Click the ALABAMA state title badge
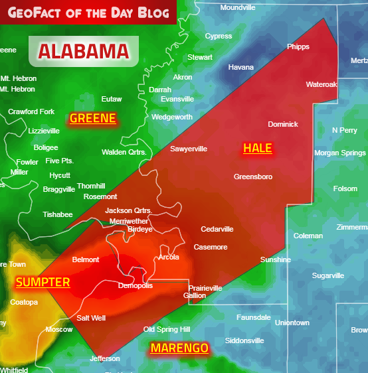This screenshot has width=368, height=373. click(x=84, y=51)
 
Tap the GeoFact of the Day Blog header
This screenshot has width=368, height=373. click(x=88, y=11)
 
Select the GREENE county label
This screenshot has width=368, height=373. click(x=93, y=119)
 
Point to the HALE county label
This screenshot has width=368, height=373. click(x=258, y=148)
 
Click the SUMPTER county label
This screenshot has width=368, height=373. click(x=43, y=282)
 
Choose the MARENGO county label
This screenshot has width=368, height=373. click(x=179, y=348)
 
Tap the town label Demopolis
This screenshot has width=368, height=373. click(x=136, y=285)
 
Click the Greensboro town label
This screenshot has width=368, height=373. click(x=253, y=177)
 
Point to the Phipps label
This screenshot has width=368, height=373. click(x=298, y=46)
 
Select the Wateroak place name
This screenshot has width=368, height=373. click(x=322, y=84)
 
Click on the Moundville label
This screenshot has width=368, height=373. click(x=237, y=7)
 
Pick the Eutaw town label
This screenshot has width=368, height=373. click(x=112, y=99)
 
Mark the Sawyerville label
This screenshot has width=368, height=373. click(x=189, y=149)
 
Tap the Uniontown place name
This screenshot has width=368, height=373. click(x=292, y=323)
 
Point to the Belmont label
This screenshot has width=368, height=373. click(x=86, y=260)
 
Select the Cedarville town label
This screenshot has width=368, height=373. click(x=217, y=229)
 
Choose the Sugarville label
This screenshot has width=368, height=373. click(x=328, y=275)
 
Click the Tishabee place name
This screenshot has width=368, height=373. click(x=58, y=214)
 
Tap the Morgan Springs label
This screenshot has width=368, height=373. click(x=339, y=153)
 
